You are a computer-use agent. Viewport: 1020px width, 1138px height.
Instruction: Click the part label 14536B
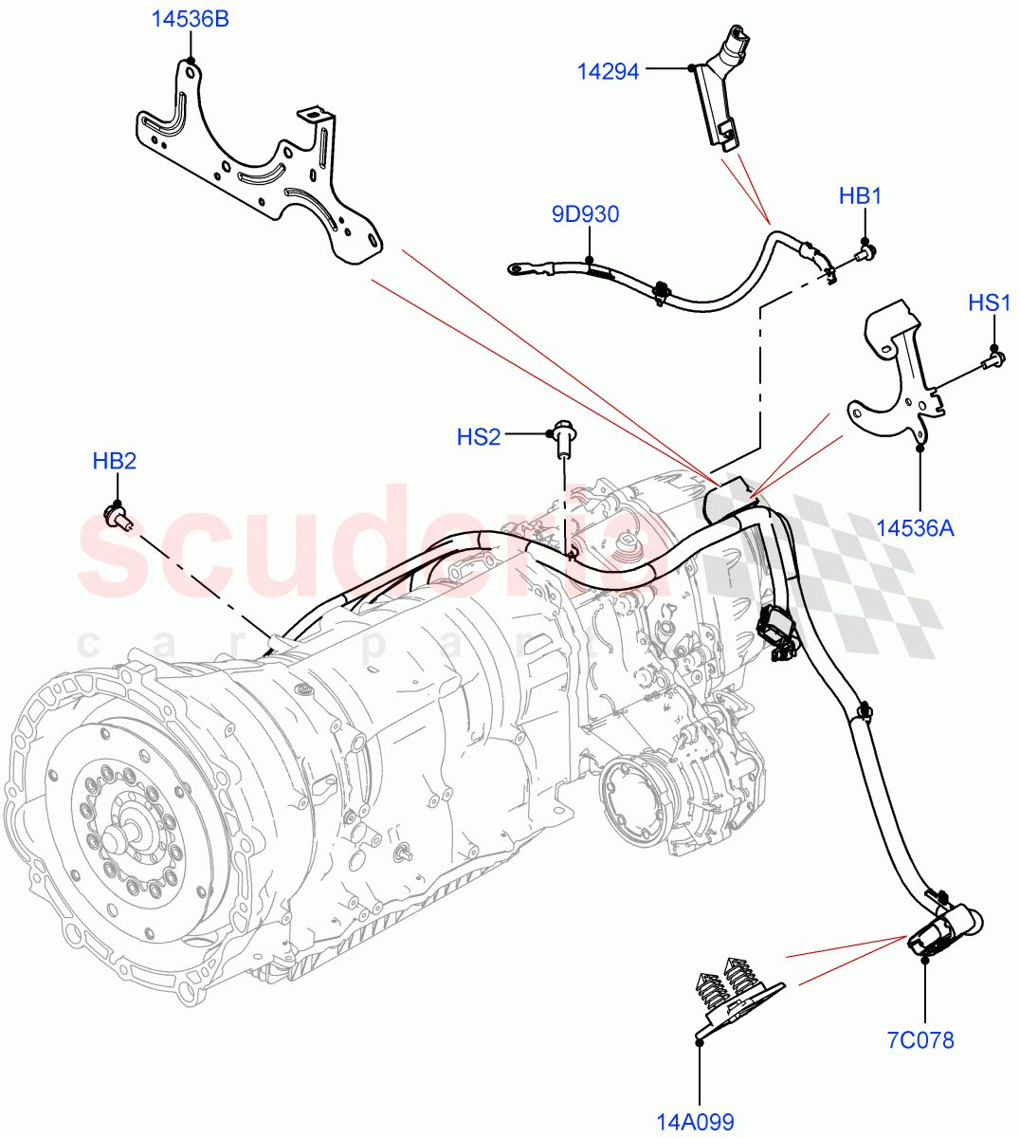[191, 19]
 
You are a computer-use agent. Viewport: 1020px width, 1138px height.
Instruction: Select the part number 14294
[609, 70]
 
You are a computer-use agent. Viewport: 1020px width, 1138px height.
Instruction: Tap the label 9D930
[585, 214]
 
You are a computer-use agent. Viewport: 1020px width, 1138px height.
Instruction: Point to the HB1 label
[860, 196]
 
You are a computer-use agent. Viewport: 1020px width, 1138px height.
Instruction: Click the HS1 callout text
[989, 303]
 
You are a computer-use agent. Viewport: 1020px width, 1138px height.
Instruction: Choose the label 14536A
[915, 528]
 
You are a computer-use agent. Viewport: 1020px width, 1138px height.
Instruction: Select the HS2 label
[478, 437]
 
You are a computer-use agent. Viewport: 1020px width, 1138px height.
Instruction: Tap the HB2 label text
[114, 461]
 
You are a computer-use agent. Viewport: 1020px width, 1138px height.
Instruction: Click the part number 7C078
[920, 1040]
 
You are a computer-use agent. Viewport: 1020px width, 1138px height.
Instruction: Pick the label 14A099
[696, 1123]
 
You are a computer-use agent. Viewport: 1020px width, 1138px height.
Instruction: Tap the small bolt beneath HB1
[866, 252]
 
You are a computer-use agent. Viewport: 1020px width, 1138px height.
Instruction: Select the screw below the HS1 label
[993, 359]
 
